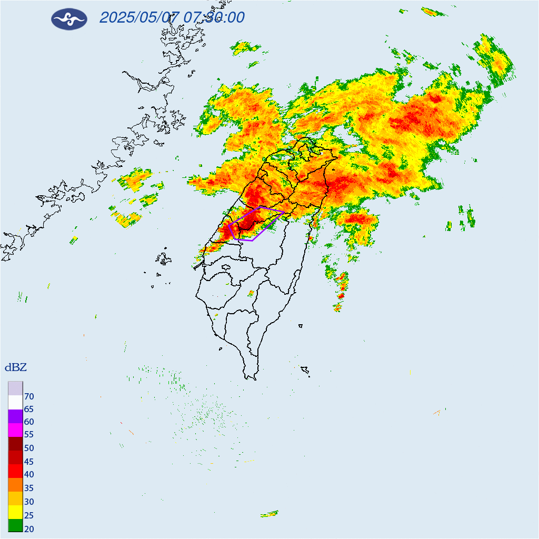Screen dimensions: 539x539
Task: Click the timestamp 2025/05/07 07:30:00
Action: coord(172,17)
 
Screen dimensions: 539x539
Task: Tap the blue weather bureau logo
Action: coord(69,19)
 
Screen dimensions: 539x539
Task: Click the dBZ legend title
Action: coord(16,367)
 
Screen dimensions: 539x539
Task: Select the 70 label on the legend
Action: coord(29,396)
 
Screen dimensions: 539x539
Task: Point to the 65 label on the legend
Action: coord(29,409)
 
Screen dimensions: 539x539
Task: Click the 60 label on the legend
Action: coord(29,422)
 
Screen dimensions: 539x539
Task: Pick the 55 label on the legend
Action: coord(29,435)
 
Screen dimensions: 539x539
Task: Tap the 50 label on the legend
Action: coord(29,448)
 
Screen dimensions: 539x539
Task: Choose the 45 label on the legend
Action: coord(29,462)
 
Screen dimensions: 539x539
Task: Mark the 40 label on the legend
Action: coord(29,475)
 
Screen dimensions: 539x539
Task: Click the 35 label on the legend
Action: coord(29,488)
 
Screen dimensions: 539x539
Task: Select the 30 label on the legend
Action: coord(29,502)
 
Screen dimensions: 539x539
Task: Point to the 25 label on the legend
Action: coord(29,515)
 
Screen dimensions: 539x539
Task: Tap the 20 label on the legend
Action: coord(29,529)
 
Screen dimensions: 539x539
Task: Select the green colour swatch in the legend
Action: coord(15,525)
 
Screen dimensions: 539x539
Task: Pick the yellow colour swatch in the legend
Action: coord(15,511)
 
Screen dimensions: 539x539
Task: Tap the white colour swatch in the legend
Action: coord(15,402)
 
